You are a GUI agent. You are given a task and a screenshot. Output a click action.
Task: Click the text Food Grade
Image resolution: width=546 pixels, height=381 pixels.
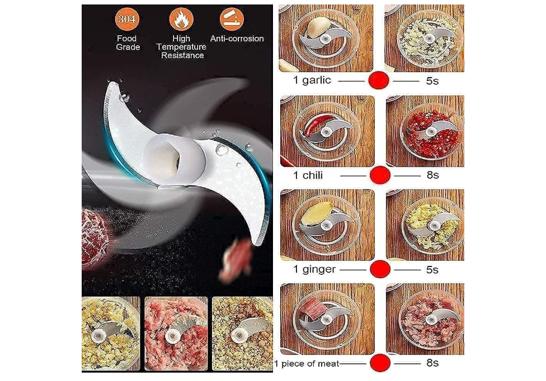[126, 43]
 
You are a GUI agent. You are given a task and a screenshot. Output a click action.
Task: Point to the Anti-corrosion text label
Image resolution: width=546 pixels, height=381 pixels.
[237, 39]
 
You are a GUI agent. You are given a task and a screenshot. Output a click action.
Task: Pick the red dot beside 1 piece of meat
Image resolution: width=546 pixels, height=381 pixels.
[379, 363]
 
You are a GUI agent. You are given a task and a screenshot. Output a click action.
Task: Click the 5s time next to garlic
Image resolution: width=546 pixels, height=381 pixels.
[432, 80]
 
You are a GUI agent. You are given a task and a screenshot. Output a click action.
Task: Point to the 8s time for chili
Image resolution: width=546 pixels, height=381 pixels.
[432, 175]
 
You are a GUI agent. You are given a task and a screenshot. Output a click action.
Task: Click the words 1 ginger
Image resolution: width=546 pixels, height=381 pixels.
[314, 269]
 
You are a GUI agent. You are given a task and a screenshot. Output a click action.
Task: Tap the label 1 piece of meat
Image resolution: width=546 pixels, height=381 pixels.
[306, 364]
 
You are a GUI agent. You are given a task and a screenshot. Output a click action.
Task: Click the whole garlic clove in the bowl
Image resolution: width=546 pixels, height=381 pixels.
[318, 25]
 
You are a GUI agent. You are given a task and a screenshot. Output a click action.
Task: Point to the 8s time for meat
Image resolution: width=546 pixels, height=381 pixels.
[432, 363]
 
